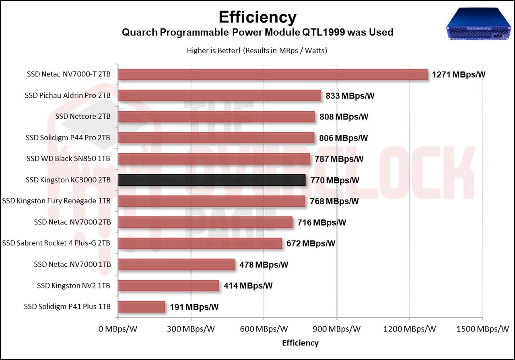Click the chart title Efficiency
(257, 17)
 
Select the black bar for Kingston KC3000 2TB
(212, 180)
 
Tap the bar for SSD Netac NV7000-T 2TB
(273, 74)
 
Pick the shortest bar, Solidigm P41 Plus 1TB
(142, 307)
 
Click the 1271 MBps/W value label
(459, 74)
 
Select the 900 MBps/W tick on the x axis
(336, 329)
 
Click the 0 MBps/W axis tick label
(118, 329)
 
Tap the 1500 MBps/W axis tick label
(483, 329)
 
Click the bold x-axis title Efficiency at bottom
(300, 343)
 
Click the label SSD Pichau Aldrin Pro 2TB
(68, 96)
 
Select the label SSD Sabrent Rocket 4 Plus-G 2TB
(56, 243)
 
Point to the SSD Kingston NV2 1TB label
(74, 286)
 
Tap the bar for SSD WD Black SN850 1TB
(214, 159)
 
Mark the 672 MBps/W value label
(311, 243)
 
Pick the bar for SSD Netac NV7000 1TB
(176, 264)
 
